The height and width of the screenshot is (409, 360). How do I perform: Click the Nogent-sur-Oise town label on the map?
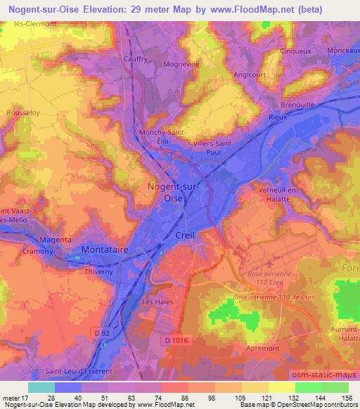click(x=172, y=192)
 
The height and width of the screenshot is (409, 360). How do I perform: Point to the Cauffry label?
click(x=136, y=60)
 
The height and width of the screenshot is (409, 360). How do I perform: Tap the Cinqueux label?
click(x=296, y=51)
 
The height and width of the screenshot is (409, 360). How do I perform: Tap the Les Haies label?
click(x=157, y=301)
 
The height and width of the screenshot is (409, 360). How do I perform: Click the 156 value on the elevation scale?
click(x=346, y=398)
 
